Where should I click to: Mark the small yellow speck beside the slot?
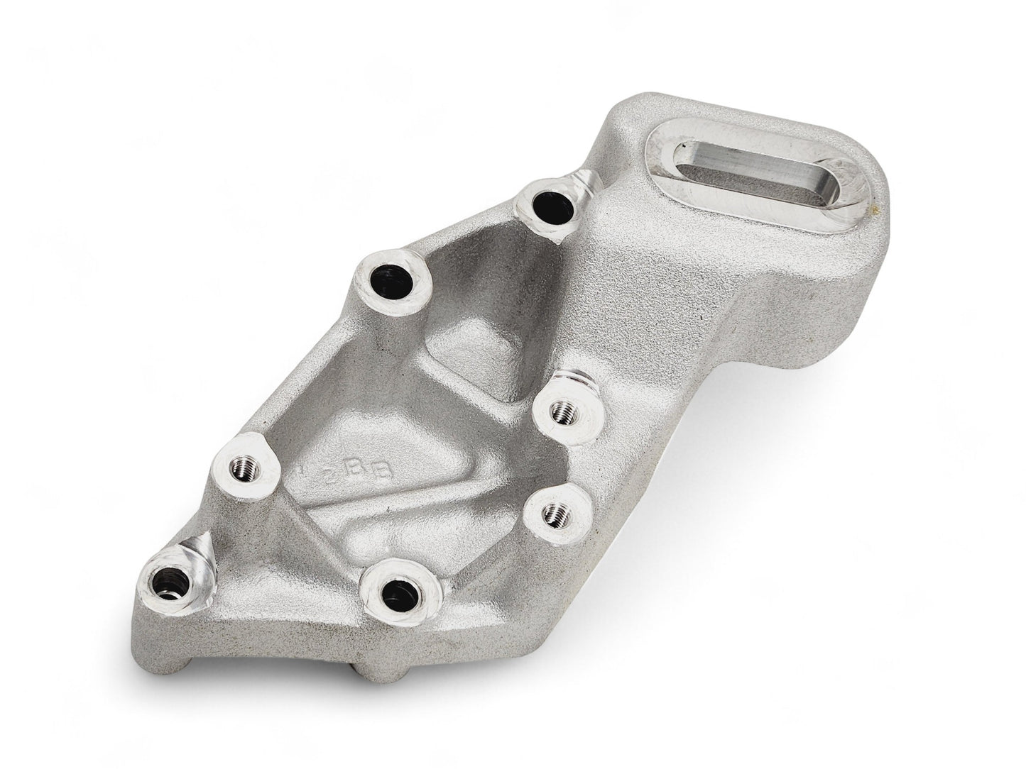[x=878, y=211]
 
